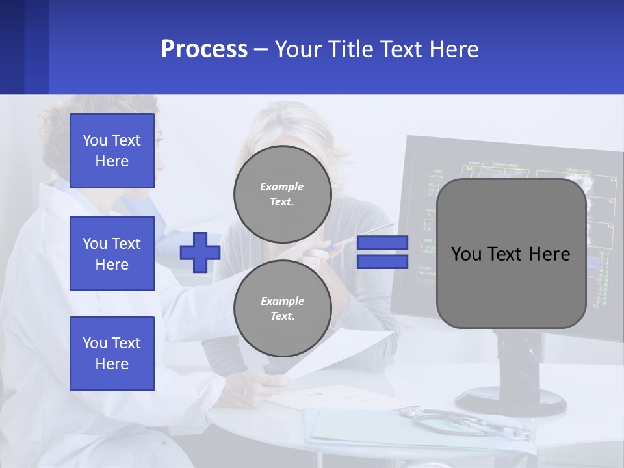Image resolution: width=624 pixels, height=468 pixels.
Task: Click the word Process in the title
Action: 204,49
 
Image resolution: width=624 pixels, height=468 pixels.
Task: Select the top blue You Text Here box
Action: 112,151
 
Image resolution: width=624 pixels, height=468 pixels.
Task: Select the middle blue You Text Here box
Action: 112,253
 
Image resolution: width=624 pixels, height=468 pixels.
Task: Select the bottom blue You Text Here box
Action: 112,353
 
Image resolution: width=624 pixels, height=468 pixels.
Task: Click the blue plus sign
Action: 200,252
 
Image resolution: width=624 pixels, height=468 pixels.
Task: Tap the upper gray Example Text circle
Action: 282,194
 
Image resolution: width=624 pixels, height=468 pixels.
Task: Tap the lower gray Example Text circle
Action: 282,309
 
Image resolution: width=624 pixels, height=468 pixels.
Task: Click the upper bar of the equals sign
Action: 383,243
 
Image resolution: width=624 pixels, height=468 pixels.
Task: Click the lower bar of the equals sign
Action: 383,262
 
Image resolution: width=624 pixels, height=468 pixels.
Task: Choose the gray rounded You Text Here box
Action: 511,253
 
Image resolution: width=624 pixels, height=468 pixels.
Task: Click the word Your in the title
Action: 297,49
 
